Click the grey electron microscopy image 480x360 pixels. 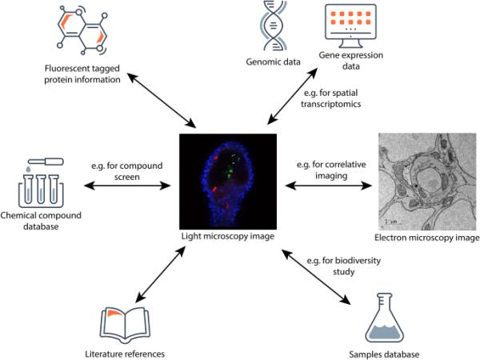428,184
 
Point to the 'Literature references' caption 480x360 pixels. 119,352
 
